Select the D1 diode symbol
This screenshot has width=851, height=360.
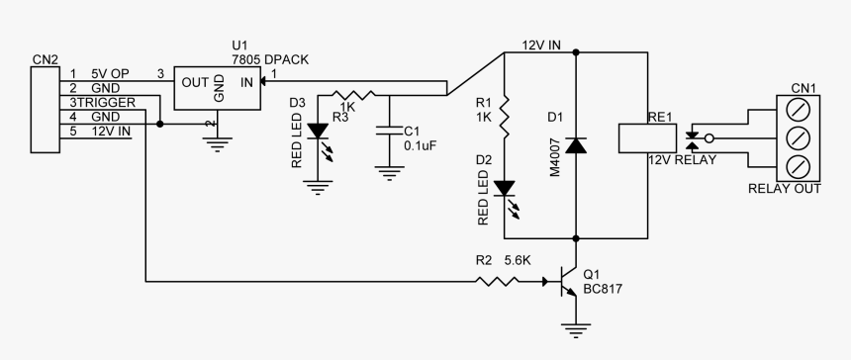click(x=576, y=144)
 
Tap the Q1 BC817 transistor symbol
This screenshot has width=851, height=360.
click(x=567, y=283)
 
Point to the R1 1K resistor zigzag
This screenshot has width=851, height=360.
click(x=505, y=117)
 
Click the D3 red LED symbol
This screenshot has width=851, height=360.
click(x=319, y=130)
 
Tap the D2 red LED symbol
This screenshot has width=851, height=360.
click(x=505, y=187)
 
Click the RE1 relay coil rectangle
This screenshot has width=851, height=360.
click(x=647, y=138)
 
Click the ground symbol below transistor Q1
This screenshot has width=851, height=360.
click(x=575, y=328)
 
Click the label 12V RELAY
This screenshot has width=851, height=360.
click(x=682, y=159)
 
